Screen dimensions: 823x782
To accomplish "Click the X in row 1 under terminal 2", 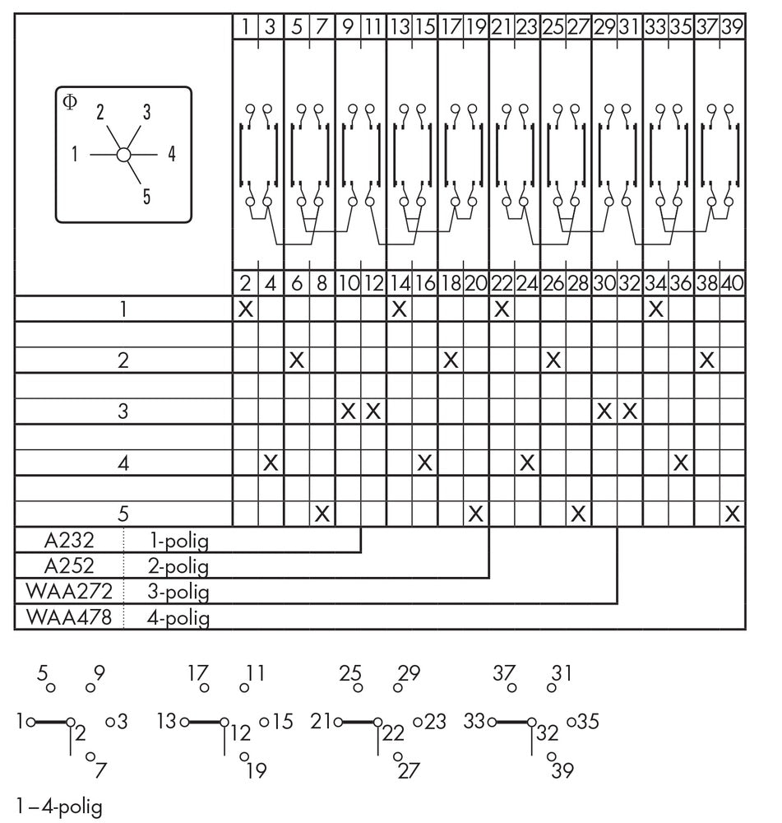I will (x=245, y=309).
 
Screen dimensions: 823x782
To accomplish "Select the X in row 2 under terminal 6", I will (x=297, y=360).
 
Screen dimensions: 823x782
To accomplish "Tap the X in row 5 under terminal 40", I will (x=733, y=514).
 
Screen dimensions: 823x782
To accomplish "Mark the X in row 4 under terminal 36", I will (x=681, y=463).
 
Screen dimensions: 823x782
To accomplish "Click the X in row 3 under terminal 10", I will (x=348, y=411).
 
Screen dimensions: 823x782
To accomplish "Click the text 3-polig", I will (x=178, y=592).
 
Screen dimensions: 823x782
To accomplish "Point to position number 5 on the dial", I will (x=146, y=196).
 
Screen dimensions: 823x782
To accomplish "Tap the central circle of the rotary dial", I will (x=123, y=154).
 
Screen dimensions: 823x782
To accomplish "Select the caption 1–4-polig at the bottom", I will (x=59, y=806).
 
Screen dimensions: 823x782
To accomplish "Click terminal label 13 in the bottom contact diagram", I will (x=167, y=721).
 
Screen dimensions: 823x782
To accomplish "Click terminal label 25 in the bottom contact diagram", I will (x=350, y=672).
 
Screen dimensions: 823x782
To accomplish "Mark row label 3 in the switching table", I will (x=123, y=411).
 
